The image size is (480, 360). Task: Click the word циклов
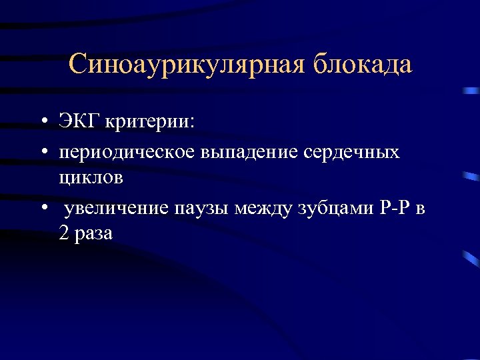point(90,179)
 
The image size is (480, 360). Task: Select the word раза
point(94,235)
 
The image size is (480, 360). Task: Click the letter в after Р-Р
point(419,209)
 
